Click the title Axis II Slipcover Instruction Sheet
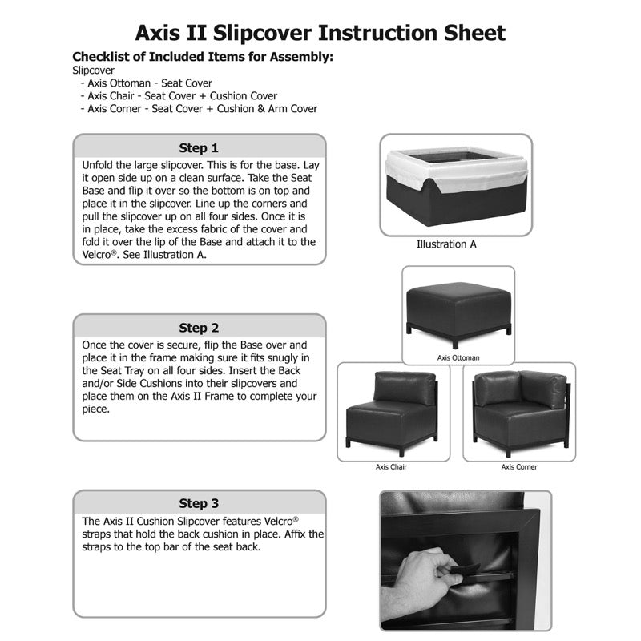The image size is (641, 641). point(320,33)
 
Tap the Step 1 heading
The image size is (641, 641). point(199,147)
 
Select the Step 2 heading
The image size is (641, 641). point(199,327)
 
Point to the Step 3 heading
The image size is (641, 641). point(199,503)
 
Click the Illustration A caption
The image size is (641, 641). point(446,244)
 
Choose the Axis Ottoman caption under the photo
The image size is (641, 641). point(458,358)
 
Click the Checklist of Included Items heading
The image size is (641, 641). point(203,57)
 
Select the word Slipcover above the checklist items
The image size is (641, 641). point(93,71)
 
